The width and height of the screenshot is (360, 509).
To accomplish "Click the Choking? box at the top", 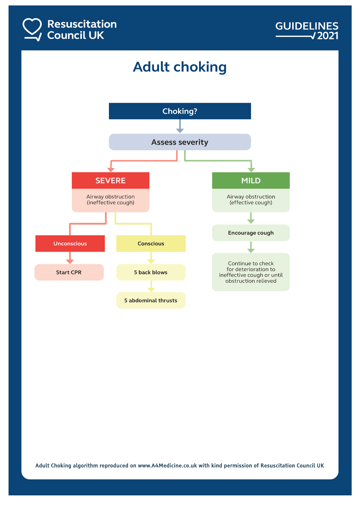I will pyautogui.click(x=180, y=111).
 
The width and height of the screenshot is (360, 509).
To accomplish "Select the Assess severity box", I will pyautogui.click(x=180, y=142).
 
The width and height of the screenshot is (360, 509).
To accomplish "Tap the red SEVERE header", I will pyautogui.click(x=110, y=180).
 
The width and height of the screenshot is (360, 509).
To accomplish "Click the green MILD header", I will pyautogui.click(x=251, y=180).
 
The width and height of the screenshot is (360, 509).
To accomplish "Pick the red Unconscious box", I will pyautogui.click(x=70, y=243).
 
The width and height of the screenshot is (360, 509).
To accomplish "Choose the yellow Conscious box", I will pyautogui.click(x=151, y=243).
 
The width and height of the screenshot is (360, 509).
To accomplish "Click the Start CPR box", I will pyautogui.click(x=69, y=272).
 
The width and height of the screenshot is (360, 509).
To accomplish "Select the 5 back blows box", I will pyautogui.click(x=151, y=272).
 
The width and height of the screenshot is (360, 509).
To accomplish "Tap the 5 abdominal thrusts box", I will pyautogui.click(x=151, y=300).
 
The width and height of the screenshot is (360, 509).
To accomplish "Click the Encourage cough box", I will pyautogui.click(x=251, y=233).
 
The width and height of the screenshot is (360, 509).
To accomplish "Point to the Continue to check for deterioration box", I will pyautogui.click(x=251, y=272).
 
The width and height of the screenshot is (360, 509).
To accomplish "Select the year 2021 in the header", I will pyautogui.click(x=328, y=36).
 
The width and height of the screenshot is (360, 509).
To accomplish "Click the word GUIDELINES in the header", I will pyautogui.click(x=307, y=26).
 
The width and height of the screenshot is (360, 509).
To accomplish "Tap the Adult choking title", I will pyautogui.click(x=180, y=67).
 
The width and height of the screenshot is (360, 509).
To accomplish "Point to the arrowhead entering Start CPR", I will pyautogui.click(x=70, y=261).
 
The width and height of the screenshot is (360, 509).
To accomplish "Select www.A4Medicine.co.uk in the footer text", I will pyautogui.click(x=167, y=465).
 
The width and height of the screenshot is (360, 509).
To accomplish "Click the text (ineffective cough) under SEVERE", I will pyautogui.click(x=110, y=203).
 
